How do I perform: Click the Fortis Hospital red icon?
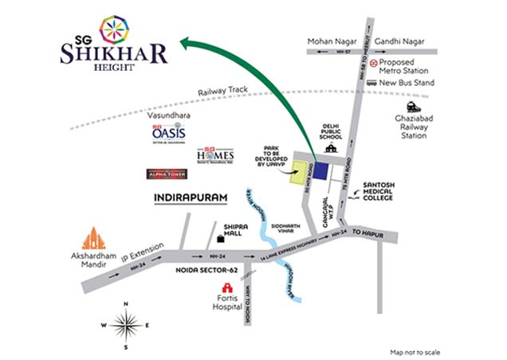click(x=224, y=289)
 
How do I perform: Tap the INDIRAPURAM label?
click(x=187, y=196)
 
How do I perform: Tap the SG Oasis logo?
click(x=167, y=133)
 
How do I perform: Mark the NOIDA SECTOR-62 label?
click(x=208, y=271)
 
